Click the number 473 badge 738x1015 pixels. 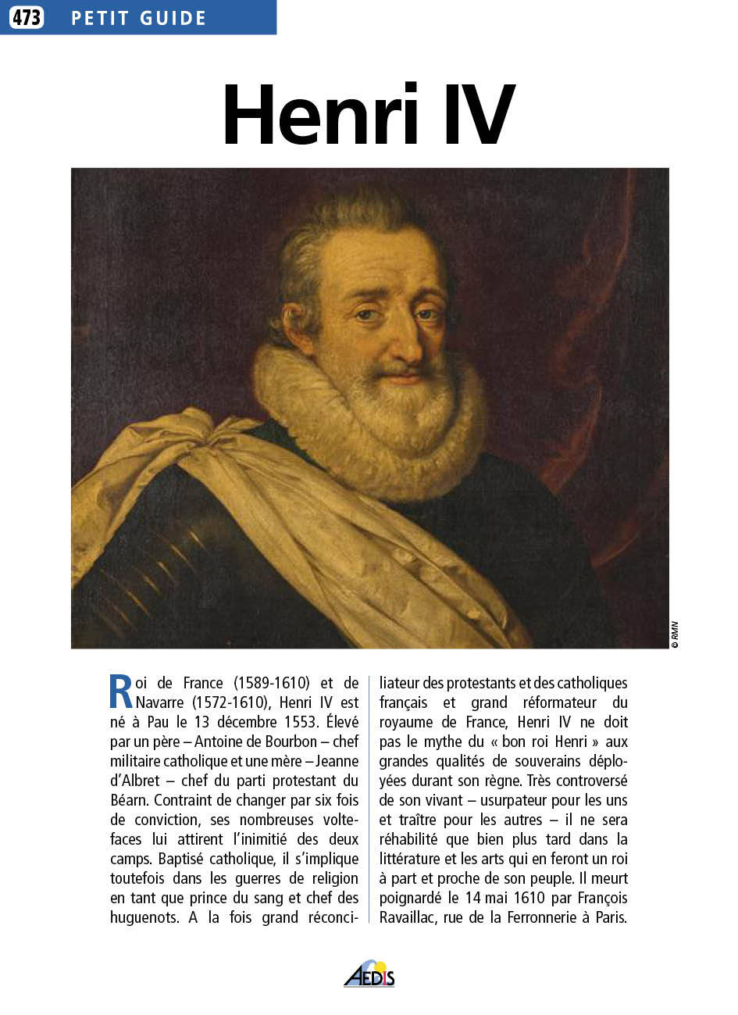click(x=27, y=17)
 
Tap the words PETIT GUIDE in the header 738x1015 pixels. click(x=138, y=18)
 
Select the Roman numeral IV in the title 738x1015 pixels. click(x=478, y=116)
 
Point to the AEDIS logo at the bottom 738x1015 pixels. click(x=369, y=974)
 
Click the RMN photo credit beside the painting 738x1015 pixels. click(x=675, y=634)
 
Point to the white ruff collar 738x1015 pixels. click(x=297, y=391)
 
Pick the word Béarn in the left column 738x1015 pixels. click(x=129, y=800)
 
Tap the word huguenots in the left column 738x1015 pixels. click(x=144, y=917)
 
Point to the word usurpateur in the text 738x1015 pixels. click(x=515, y=800)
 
